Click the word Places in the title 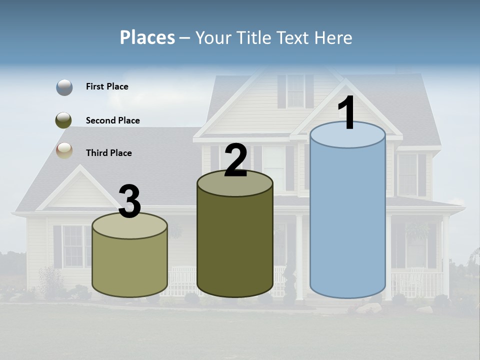[147, 37]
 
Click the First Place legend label [107, 86]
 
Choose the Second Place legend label [112, 120]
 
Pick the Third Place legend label [108, 153]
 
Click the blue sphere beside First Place [64, 87]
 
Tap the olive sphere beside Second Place [64, 120]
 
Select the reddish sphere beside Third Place [64, 150]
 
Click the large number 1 [346, 114]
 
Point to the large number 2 [235, 161]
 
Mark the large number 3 [130, 202]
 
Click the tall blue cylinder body [347, 220]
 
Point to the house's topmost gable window [295, 91]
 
